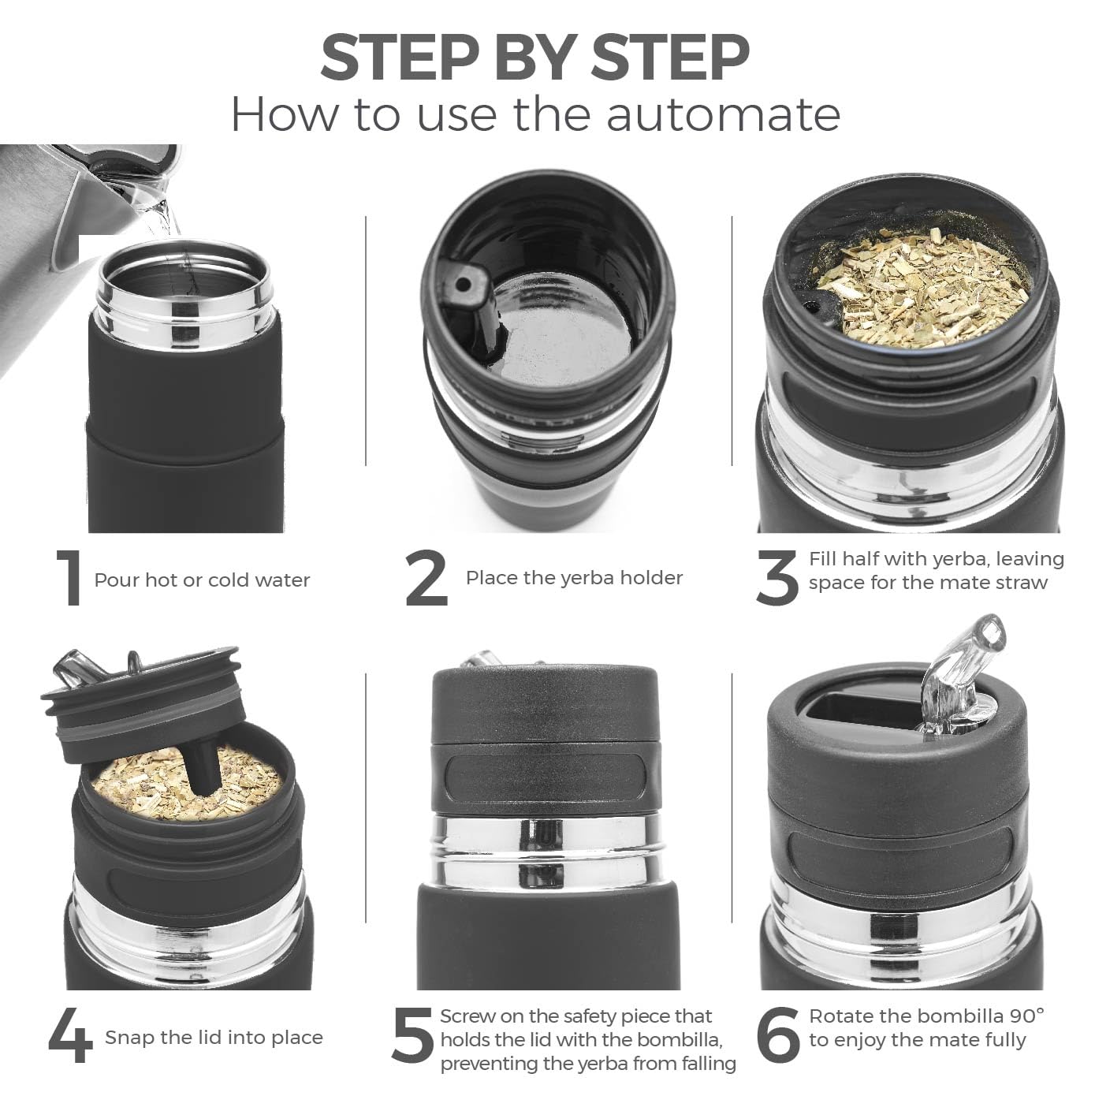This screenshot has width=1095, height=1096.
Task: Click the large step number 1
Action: click(71, 579)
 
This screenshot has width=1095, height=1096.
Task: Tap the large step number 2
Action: click(426, 579)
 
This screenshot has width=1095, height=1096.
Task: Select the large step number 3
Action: click(777, 579)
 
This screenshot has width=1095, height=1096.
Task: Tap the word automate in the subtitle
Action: click(722, 114)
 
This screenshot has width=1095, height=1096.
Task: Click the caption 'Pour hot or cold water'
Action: click(202, 580)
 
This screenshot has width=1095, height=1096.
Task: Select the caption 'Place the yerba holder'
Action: click(574, 578)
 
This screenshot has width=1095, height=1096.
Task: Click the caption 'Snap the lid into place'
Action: click(214, 1037)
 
